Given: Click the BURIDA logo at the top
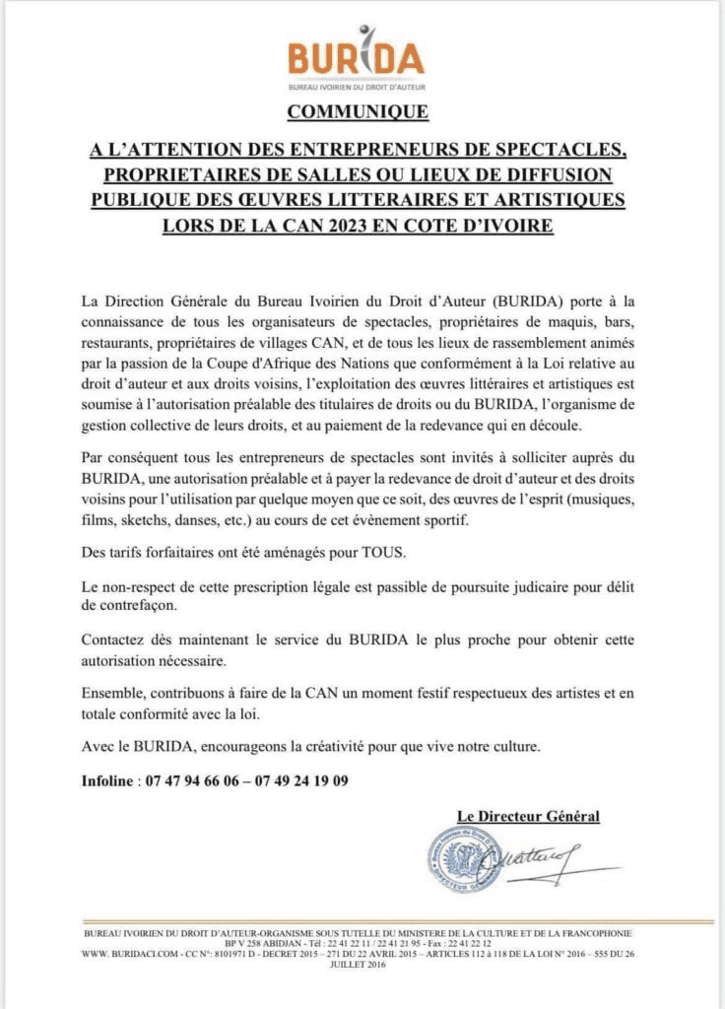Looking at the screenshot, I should pos(357,56).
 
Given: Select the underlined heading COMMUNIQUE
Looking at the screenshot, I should pos(358,111).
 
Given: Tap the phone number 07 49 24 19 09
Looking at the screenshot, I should pos(300,781).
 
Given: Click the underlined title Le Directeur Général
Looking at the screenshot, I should pos(528,816).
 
